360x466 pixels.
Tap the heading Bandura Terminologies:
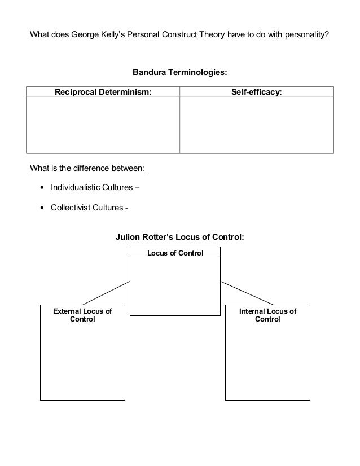pos(180,73)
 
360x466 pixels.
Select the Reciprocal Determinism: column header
pos(103,92)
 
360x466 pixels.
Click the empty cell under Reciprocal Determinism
pos(103,125)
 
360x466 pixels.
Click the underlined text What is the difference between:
pos(87,168)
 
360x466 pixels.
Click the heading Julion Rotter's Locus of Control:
pos(180,237)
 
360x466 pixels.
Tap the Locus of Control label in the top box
pos(175,253)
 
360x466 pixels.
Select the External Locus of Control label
pos(82,315)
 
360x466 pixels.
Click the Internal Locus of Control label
pos(267,315)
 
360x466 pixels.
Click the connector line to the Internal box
pos(247,293)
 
